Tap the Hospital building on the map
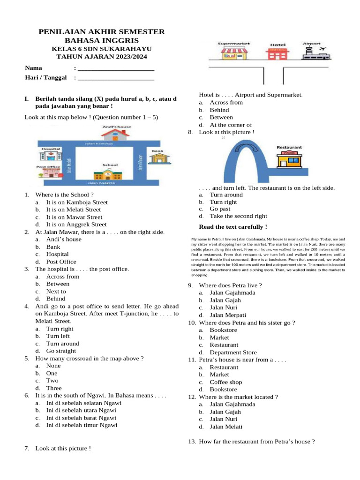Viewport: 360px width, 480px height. coord(50,156)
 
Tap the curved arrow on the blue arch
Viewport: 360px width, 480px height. coord(244,148)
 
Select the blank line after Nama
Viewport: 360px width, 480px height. coord(116,68)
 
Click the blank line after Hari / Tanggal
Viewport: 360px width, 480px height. coord(116,77)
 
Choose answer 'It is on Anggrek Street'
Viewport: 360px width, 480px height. coord(76,225)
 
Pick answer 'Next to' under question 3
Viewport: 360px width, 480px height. coord(56,291)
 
